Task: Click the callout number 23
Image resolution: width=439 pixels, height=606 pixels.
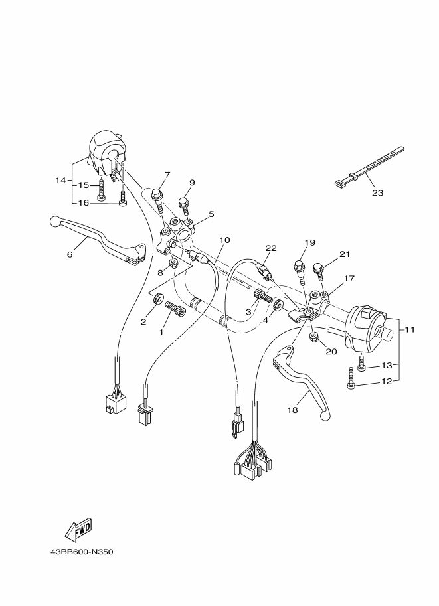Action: point(377,193)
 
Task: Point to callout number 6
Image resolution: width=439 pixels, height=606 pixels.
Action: point(69,253)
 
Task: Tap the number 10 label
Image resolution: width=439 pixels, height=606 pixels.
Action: point(224,240)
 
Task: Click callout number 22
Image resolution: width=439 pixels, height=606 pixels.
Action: point(270,248)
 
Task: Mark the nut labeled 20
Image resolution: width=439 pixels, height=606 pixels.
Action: point(315,341)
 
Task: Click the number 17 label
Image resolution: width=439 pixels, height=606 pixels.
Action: point(349,279)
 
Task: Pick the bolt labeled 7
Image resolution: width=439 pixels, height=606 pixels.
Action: point(158,197)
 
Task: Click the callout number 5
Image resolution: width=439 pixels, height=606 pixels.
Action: point(211,214)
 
